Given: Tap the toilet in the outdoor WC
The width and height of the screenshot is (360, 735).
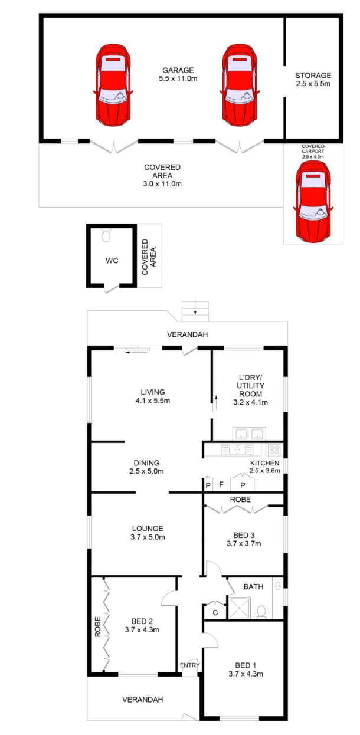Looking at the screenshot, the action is pyautogui.click(x=106, y=235).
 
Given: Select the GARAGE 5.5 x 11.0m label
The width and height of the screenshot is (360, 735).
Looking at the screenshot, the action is pyautogui.click(x=178, y=74).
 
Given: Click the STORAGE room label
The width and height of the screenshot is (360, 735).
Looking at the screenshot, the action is pyautogui.click(x=313, y=80).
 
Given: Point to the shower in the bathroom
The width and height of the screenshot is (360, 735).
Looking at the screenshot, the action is pyautogui.click(x=240, y=608).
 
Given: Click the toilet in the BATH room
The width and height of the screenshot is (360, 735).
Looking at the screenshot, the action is pyautogui.click(x=261, y=612).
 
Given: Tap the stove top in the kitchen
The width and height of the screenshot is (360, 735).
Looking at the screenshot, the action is pyautogui.click(x=274, y=449).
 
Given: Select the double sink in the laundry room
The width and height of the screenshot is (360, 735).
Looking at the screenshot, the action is pyautogui.click(x=250, y=434).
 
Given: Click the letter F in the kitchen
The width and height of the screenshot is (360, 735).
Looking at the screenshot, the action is pyautogui.click(x=221, y=484).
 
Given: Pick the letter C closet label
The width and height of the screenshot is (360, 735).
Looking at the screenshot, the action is pyautogui.click(x=215, y=613).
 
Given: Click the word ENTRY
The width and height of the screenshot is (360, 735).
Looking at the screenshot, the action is pyautogui.click(x=189, y=665).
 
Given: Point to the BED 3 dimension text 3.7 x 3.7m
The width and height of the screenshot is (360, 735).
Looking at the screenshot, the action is pyautogui.click(x=244, y=544).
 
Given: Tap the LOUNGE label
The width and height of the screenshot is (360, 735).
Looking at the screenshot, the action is pyautogui.click(x=148, y=529).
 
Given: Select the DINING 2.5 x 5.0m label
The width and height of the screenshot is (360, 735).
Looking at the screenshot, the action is pyautogui.click(x=147, y=467).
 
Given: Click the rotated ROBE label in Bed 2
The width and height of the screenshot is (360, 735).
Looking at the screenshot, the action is pyautogui.click(x=97, y=627).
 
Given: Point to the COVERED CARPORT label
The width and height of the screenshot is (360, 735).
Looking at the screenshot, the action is pyautogui.click(x=313, y=151).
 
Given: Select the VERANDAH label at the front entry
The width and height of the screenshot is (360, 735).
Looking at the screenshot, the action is pyautogui.click(x=143, y=700).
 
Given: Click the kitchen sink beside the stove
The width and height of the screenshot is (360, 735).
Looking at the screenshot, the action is pyautogui.click(x=238, y=449).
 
